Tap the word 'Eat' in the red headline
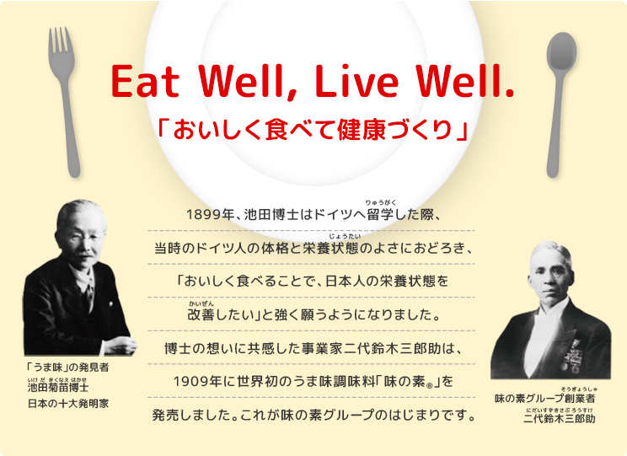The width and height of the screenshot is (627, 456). click(152, 81)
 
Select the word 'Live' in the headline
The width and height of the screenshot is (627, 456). click(362, 81)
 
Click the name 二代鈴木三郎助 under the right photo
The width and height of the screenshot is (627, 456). click(559, 418)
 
